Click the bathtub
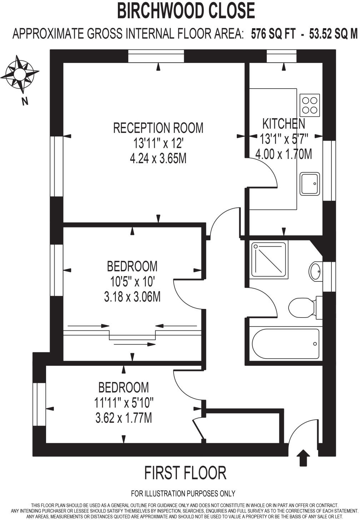(285, 344)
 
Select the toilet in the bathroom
(301, 307)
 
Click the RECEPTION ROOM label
(158, 128)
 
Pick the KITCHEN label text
(284, 124)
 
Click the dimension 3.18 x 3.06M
(132, 297)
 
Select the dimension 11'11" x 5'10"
(124, 402)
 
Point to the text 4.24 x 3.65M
(158, 159)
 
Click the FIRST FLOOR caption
(185, 473)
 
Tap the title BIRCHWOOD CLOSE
(186, 11)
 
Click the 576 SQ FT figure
(273, 34)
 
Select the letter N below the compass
(25, 101)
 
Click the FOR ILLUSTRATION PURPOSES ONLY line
(183, 494)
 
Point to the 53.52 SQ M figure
(333, 34)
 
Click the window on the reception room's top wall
(156, 56)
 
